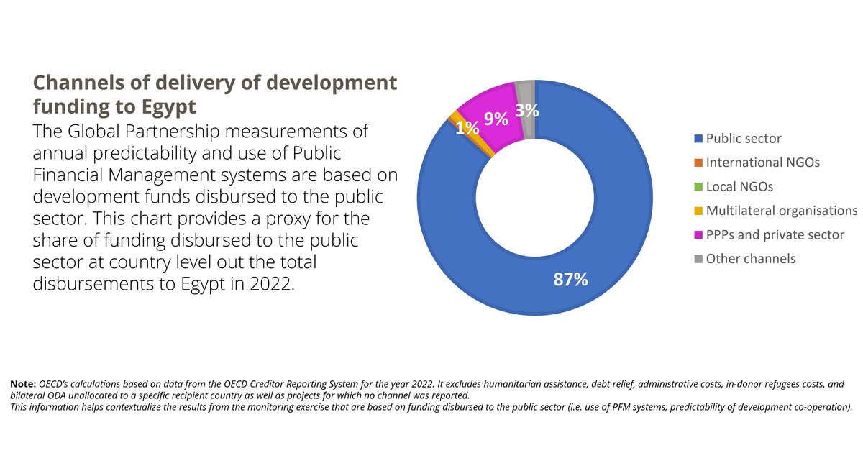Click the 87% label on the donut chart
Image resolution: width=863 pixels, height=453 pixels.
tap(570, 279)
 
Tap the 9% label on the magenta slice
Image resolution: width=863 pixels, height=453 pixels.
tap(496, 119)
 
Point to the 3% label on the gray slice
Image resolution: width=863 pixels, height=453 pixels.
tap(527, 111)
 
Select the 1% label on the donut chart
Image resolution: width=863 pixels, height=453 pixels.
tap(467, 128)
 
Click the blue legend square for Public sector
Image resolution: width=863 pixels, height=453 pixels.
tap(698, 139)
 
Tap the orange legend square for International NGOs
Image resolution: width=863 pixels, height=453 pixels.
tap(698, 163)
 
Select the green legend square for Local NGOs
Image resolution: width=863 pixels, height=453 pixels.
tap(698, 187)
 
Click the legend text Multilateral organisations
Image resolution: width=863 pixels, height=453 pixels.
tap(782, 211)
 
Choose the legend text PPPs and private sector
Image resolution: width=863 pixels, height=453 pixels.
tap(775, 235)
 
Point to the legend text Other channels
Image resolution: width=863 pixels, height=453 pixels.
tap(751, 259)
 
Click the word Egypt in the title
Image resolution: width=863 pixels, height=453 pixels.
tap(169, 107)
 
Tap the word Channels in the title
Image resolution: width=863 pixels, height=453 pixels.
tap(78, 83)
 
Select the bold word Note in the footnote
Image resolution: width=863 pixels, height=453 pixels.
tap(23, 384)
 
